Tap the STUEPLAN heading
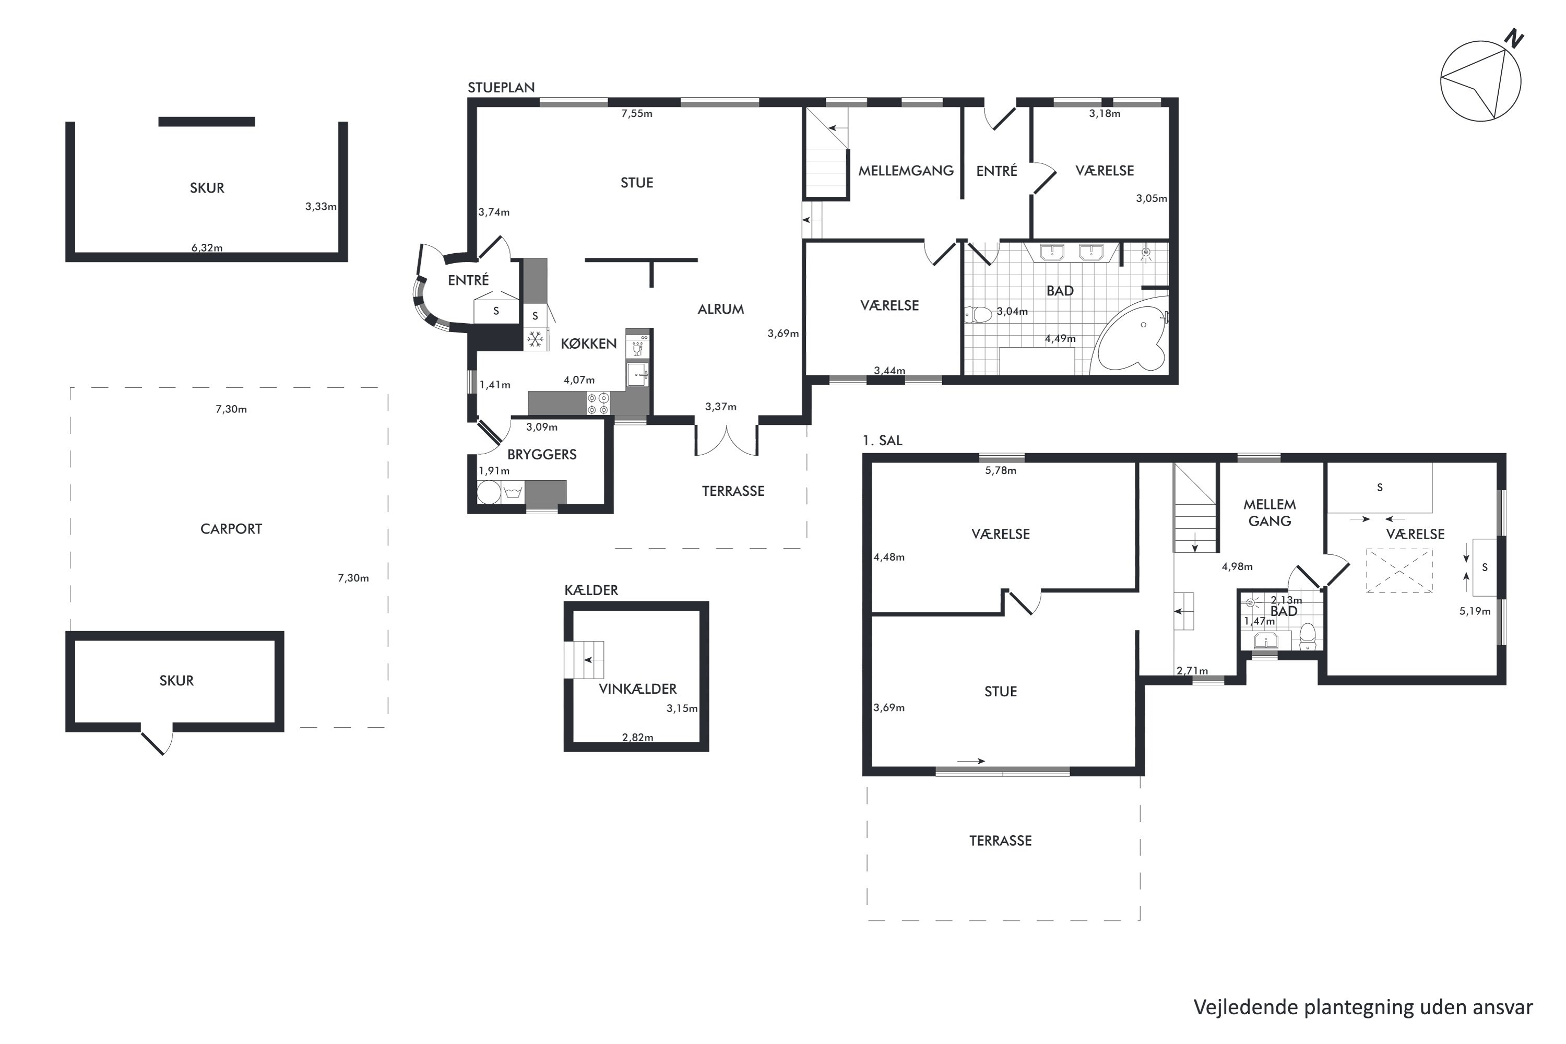[x=501, y=87]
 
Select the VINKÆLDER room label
[x=637, y=689]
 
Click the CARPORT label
[x=231, y=529]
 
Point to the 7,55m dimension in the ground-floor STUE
[x=636, y=113]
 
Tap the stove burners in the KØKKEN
[x=598, y=404]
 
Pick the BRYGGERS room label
[x=541, y=455]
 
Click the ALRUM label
[x=720, y=309]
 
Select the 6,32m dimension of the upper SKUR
[x=207, y=247]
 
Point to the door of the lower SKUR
[x=157, y=740]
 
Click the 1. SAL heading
[x=882, y=440]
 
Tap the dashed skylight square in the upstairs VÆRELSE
[x=1399, y=571]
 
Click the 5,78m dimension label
[x=1001, y=470]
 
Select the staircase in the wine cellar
[x=584, y=660]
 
